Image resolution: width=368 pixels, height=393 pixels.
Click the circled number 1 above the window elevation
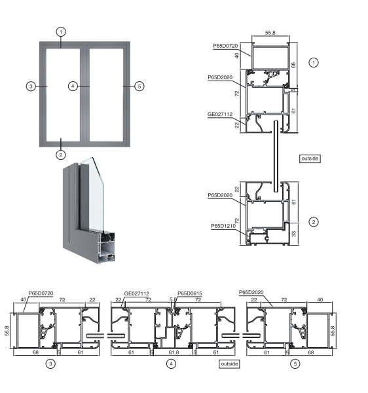[61, 32]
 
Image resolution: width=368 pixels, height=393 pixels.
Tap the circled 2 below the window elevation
[61, 155]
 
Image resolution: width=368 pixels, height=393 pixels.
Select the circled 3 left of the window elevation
[31, 86]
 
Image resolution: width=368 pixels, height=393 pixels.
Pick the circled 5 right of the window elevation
[139, 86]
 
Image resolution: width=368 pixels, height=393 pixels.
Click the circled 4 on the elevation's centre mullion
[73, 86]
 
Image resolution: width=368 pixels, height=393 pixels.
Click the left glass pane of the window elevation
[63, 95]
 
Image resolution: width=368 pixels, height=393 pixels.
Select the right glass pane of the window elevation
[106, 95]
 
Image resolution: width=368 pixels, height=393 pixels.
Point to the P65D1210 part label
[223, 226]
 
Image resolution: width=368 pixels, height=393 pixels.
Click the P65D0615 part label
[190, 293]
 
